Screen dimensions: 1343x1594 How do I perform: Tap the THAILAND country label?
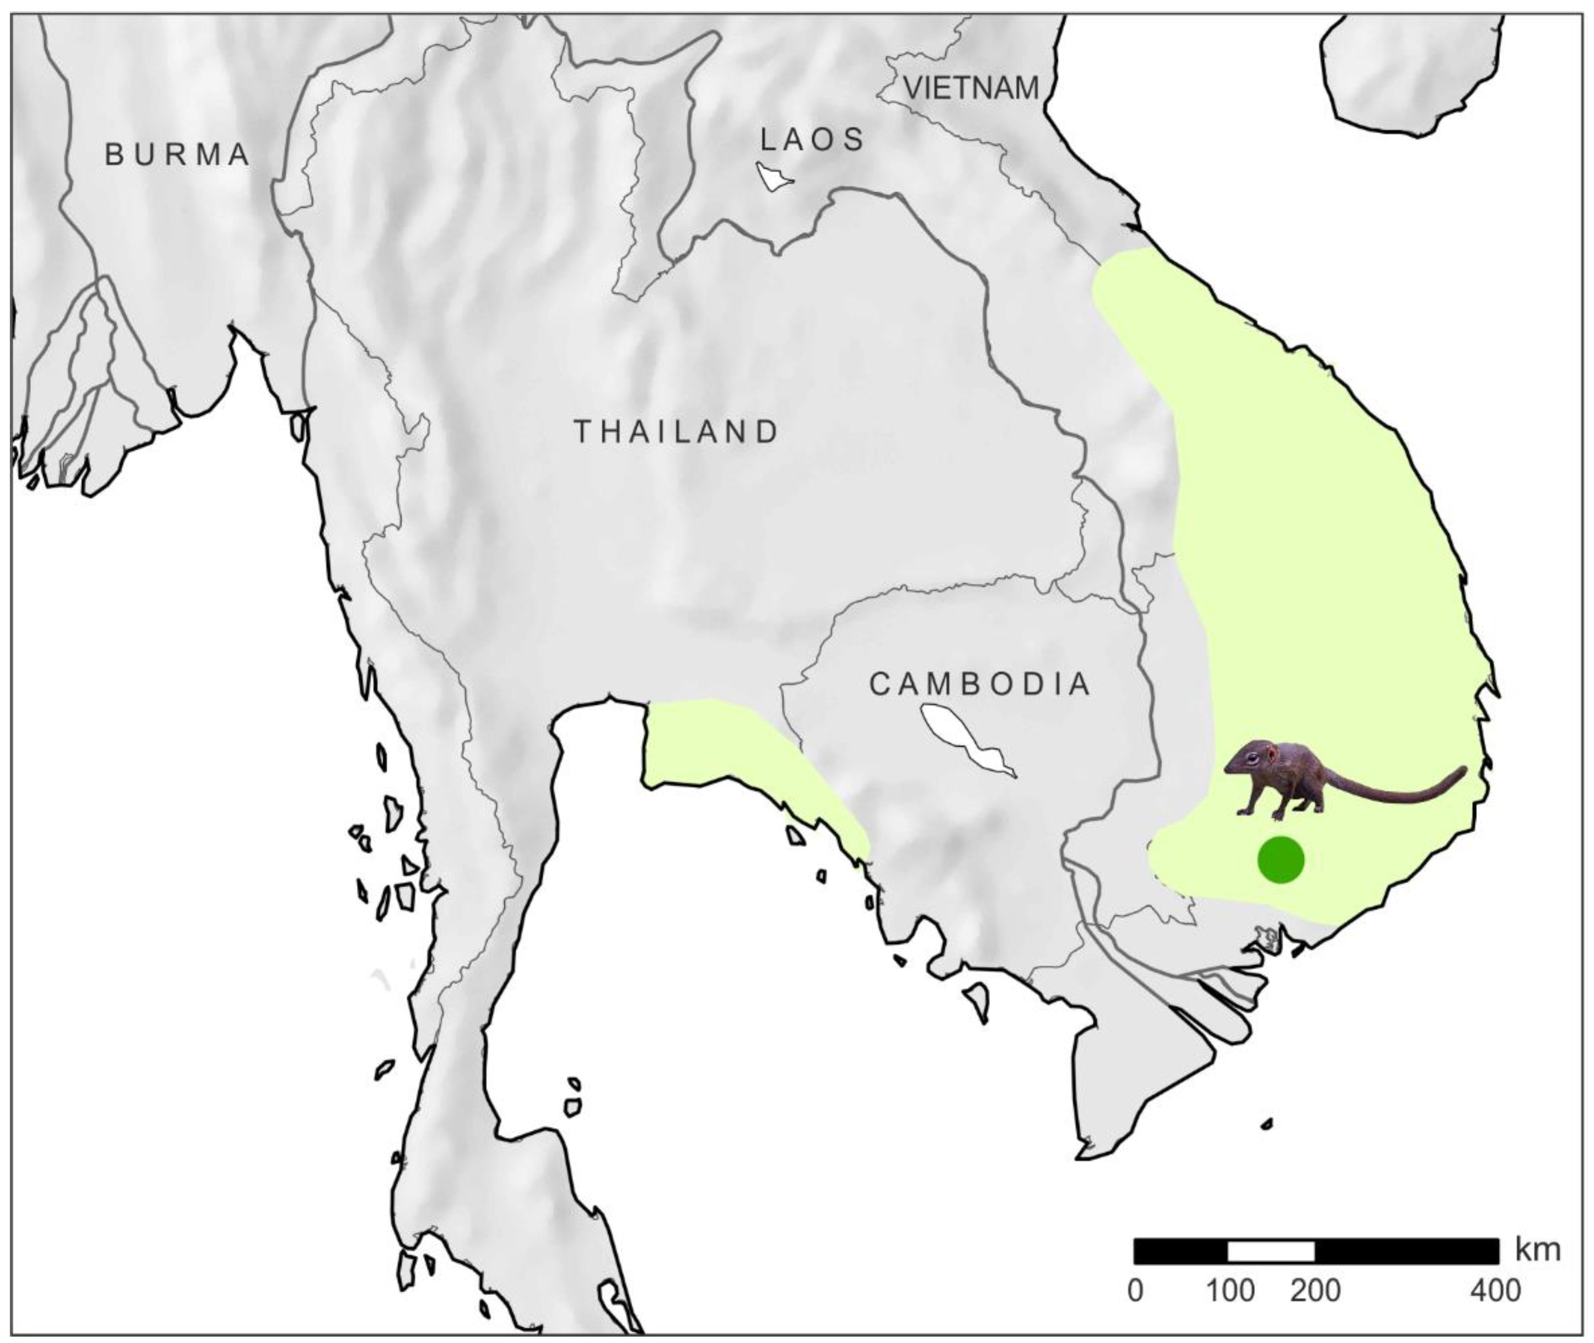pyautogui.click(x=676, y=432)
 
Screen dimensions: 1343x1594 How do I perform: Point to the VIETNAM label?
pyautogui.click(x=972, y=88)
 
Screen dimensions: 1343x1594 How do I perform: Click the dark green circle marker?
pyautogui.click(x=1281, y=860)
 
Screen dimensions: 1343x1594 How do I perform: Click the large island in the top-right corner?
pyautogui.click(x=1409, y=73)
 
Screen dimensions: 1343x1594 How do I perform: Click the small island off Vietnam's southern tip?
pyautogui.click(x=1266, y=1123)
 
